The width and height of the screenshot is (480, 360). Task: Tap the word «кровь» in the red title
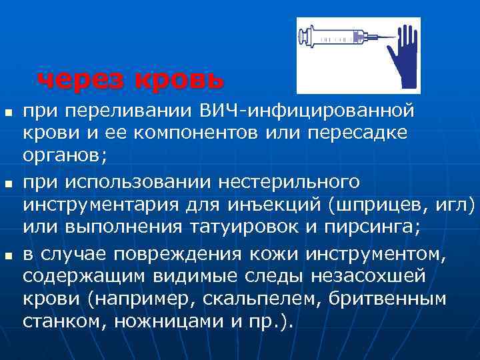click(179, 81)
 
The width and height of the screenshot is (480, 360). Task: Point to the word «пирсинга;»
click(369, 227)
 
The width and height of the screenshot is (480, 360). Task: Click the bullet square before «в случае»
click(8, 254)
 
